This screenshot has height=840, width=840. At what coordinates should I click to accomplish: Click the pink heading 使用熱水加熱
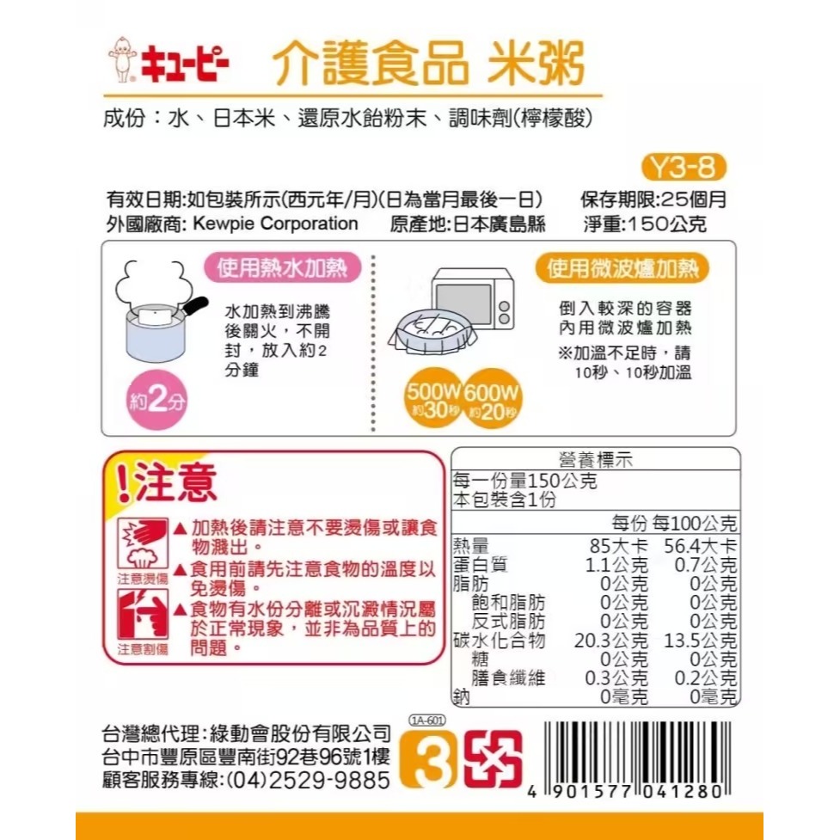tap(282, 269)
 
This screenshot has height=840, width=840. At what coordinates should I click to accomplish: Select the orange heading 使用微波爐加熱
tap(622, 269)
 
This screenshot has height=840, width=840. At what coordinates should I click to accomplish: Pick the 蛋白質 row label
tap(480, 565)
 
